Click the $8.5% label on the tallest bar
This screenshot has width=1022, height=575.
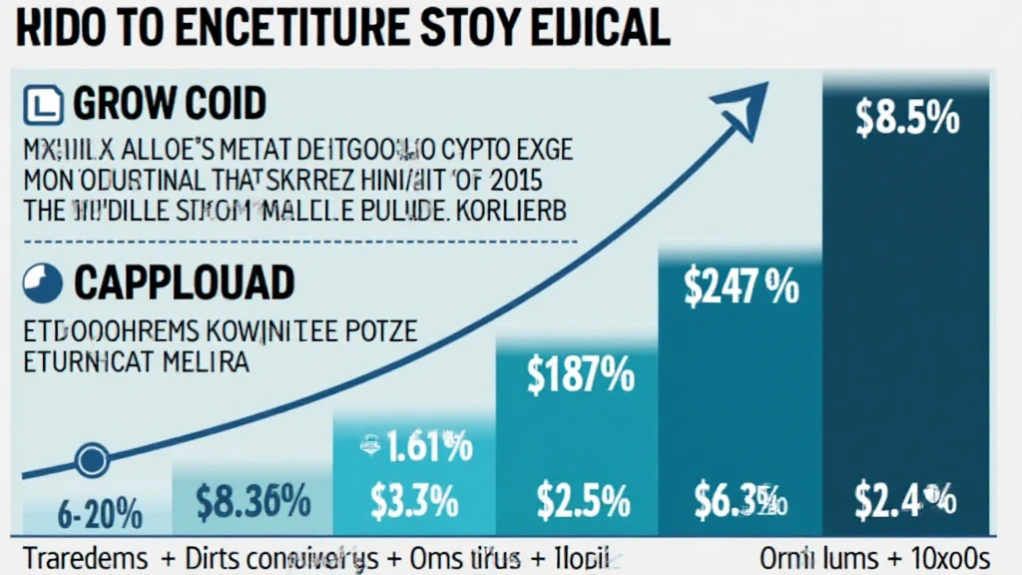(907, 119)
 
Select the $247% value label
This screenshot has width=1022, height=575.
(741, 287)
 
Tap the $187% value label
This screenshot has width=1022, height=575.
(580, 377)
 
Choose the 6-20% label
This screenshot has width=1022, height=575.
(99, 516)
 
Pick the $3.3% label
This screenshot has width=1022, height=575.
(414, 500)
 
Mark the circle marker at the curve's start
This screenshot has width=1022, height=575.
(92, 460)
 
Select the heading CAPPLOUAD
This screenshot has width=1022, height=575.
(184, 285)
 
